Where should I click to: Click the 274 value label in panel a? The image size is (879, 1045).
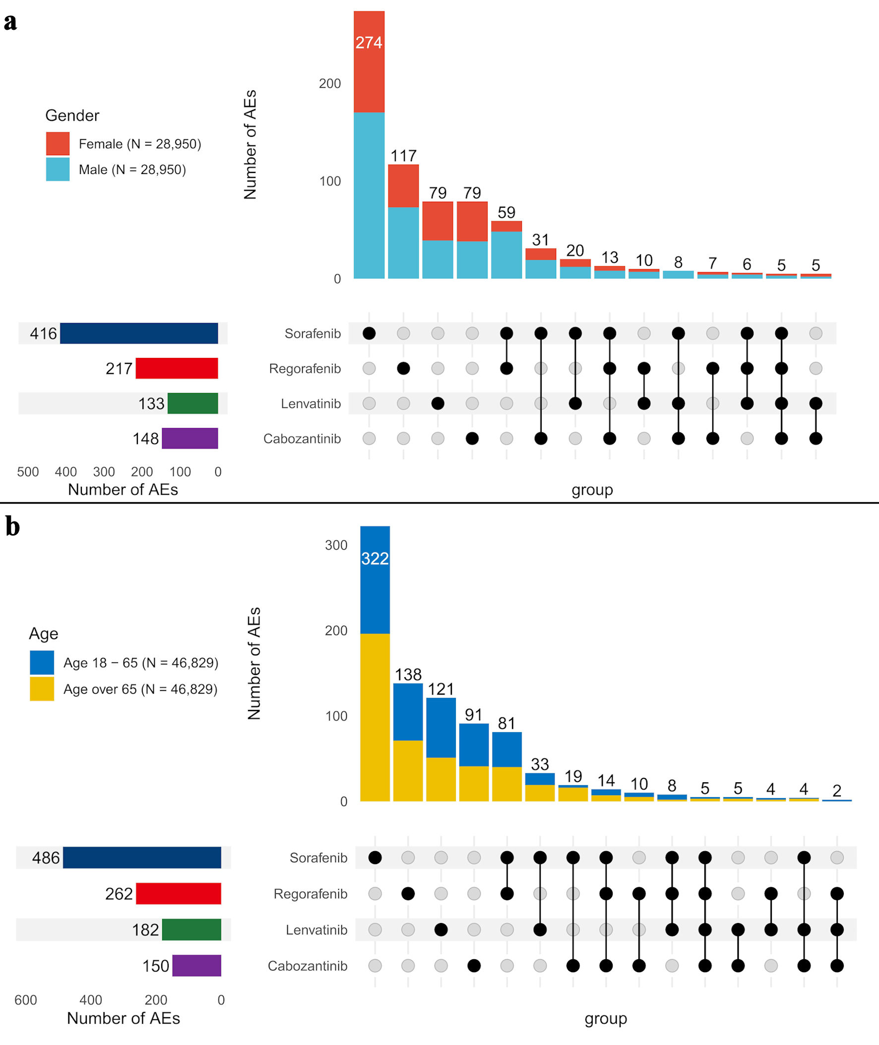click(x=369, y=43)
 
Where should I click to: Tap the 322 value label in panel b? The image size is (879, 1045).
click(x=375, y=559)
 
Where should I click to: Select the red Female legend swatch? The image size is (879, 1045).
click(x=58, y=143)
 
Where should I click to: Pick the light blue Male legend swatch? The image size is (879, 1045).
click(x=58, y=169)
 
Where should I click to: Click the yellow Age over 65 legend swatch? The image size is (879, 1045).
click(x=42, y=689)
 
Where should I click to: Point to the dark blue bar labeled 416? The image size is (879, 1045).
click(x=138, y=333)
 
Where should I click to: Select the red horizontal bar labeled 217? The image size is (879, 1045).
click(x=177, y=368)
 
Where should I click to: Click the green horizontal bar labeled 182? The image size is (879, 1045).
click(x=191, y=929)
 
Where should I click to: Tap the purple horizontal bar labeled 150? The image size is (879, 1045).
click(x=196, y=965)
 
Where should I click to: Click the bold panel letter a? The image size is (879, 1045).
click(x=10, y=22)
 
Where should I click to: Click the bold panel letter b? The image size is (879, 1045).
click(x=12, y=527)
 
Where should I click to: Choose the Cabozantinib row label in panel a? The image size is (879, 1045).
click(x=302, y=439)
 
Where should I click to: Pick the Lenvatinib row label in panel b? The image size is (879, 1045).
click(x=316, y=929)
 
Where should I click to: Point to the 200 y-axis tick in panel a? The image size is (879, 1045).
click(x=330, y=84)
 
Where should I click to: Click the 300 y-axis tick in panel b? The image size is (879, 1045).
click(x=336, y=545)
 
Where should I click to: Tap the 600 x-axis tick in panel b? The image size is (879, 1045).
click(x=25, y=1000)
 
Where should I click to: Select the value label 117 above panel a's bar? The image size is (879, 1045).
click(x=403, y=156)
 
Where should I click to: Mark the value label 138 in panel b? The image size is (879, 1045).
click(x=408, y=675)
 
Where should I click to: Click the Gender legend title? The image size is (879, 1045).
click(x=72, y=116)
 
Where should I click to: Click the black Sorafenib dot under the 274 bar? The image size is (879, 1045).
click(x=369, y=333)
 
